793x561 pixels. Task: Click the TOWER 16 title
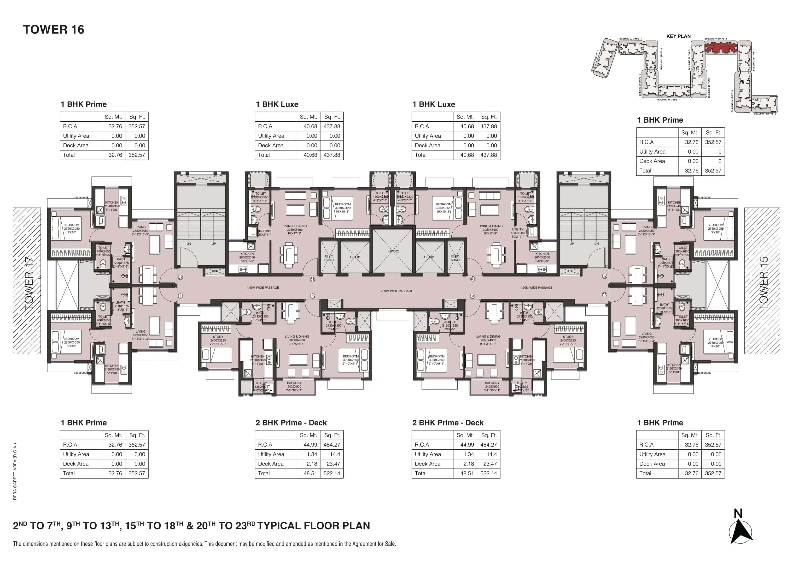[53, 30]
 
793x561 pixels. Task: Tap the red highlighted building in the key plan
[721, 47]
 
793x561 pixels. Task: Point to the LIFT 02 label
[393, 251]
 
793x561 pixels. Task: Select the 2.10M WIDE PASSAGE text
[396, 291]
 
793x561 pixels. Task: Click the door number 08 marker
[312, 279]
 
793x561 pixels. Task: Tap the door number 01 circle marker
[473, 279]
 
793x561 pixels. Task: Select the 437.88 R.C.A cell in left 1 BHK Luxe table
[332, 126]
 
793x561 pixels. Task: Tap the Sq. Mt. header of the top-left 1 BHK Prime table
[113, 117]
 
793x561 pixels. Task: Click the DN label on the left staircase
[189, 244]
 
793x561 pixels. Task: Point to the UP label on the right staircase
[571, 244]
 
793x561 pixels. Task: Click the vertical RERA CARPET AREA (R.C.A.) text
[15, 471]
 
